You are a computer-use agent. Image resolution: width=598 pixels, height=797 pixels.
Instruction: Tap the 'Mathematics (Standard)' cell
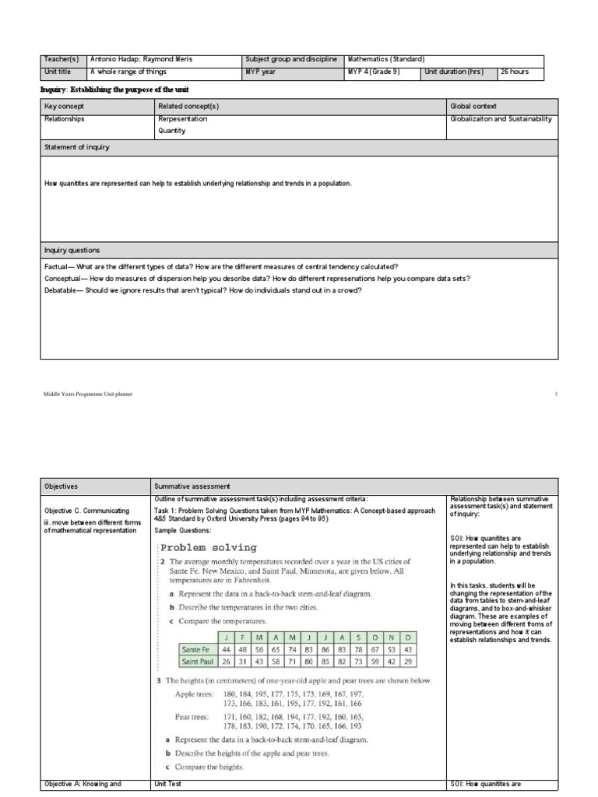pyautogui.click(x=385, y=59)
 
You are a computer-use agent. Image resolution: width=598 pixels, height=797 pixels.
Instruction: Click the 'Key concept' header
pyautogui.click(x=65, y=106)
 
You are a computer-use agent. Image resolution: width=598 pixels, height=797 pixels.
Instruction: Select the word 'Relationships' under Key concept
pyautogui.click(x=65, y=119)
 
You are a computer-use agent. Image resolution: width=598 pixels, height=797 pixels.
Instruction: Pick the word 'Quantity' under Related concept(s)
pyautogui.click(x=172, y=131)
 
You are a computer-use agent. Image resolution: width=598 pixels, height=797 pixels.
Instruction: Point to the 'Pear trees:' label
pyautogui.click(x=194, y=716)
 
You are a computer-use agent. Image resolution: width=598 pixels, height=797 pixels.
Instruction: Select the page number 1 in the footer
pyautogui.click(x=556, y=394)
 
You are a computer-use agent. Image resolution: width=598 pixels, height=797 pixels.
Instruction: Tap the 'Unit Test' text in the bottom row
pyautogui.click(x=167, y=785)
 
